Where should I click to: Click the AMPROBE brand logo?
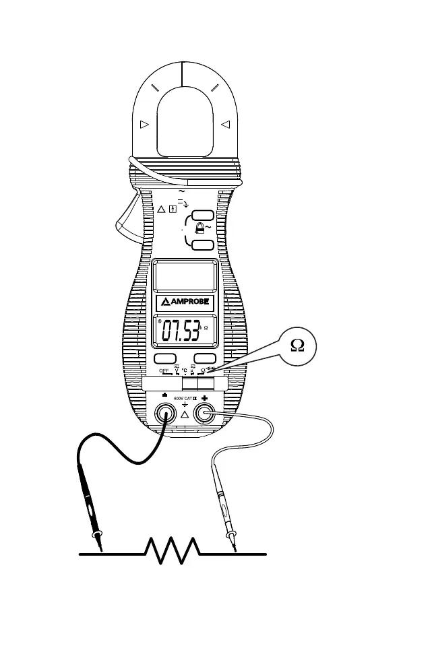(185, 302)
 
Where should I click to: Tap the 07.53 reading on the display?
(180, 331)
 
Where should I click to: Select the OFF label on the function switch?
(164, 370)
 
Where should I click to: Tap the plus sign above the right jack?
(204, 399)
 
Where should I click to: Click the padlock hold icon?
(198, 229)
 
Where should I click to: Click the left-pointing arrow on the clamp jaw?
(226, 124)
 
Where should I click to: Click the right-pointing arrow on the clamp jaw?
(144, 124)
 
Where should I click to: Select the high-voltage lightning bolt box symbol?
(173, 208)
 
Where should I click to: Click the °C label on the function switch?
(184, 370)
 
